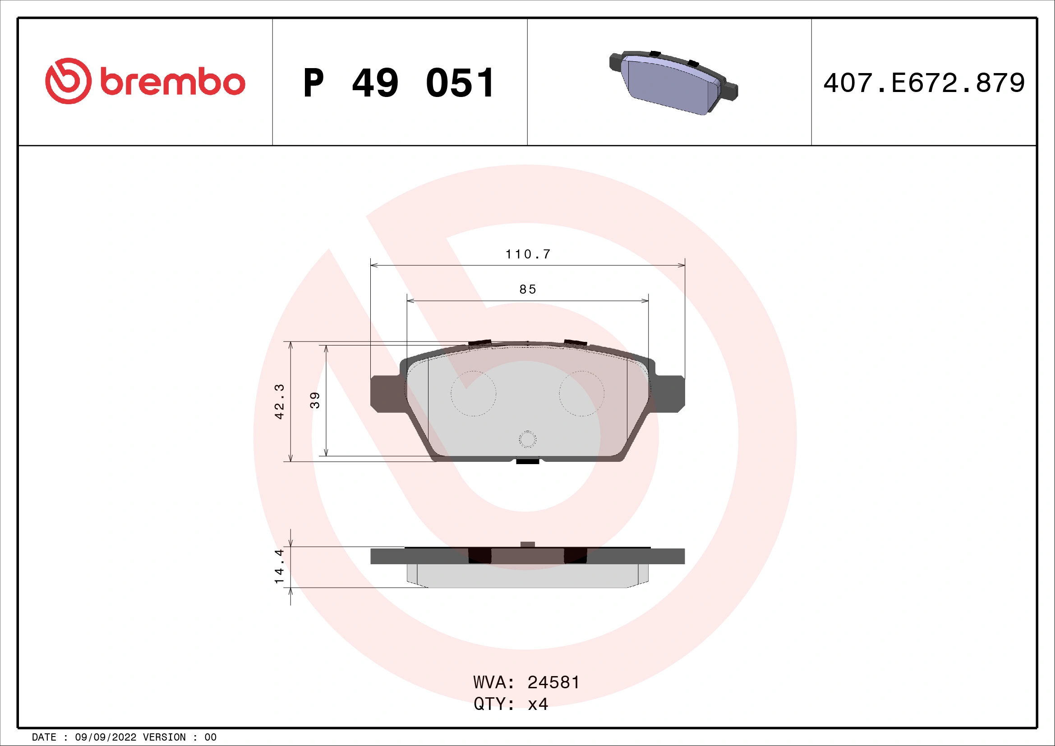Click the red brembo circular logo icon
click(68, 81)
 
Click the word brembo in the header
click(172, 83)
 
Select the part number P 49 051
click(399, 83)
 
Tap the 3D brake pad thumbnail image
click(673, 82)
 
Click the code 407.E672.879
click(924, 83)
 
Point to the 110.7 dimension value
click(528, 254)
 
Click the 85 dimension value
click(528, 290)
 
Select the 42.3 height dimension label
click(279, 401)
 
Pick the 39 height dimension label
click(315, 400)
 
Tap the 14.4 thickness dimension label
click(279, 566)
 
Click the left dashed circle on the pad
click(473, 394)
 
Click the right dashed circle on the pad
click(581, 394)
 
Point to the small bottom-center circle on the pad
click(528, 439)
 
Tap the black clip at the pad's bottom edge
click(528, 461)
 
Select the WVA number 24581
click(553, 682)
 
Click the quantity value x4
click(538, 704)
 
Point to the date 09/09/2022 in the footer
click(105, 737)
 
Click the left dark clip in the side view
click(479, 556)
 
